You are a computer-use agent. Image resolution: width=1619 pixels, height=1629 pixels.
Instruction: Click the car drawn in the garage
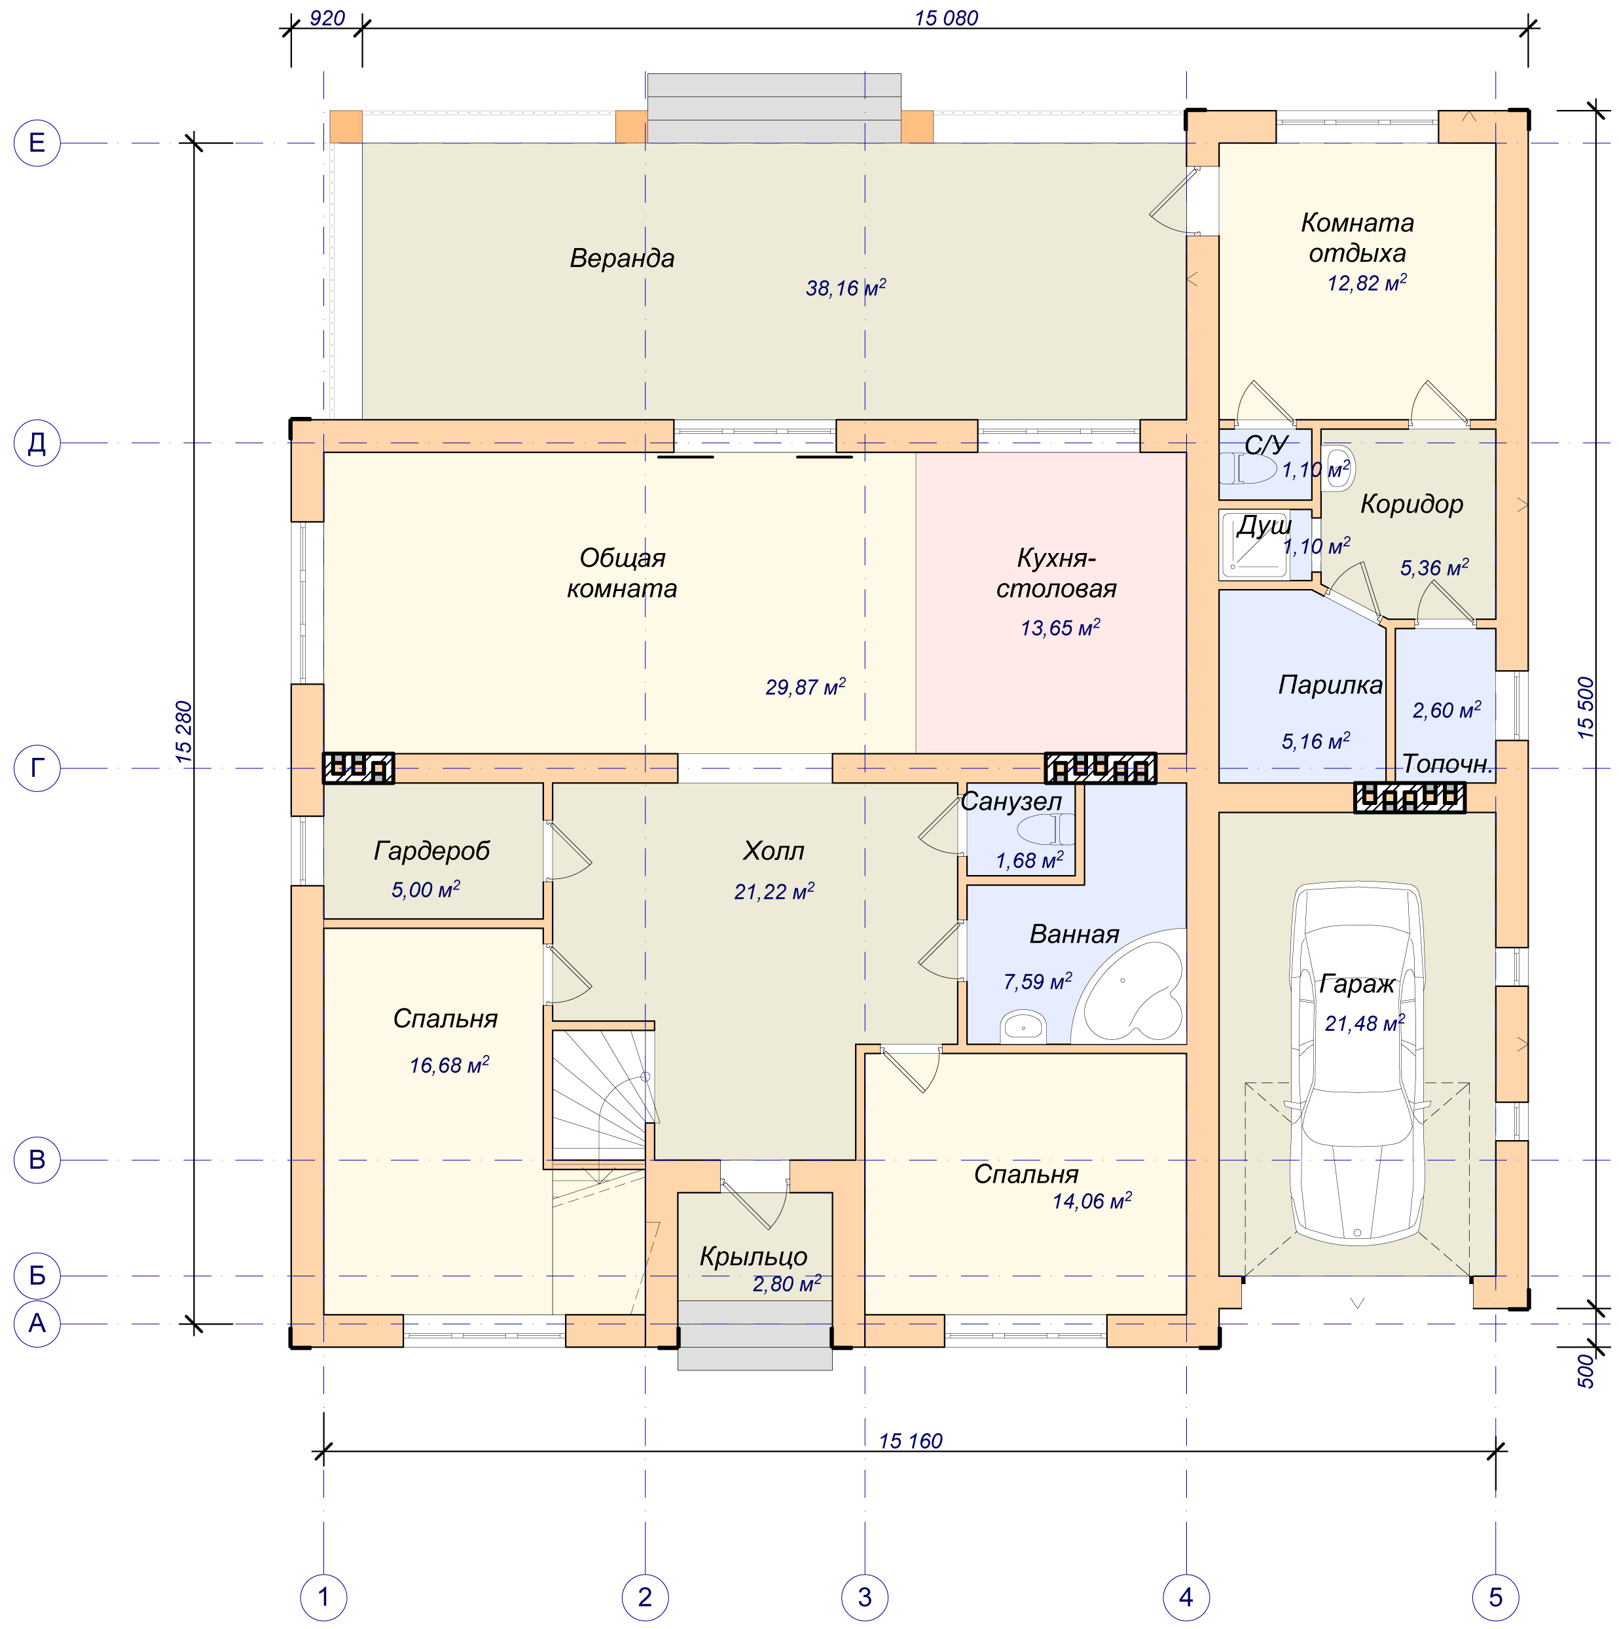point(1358,1064)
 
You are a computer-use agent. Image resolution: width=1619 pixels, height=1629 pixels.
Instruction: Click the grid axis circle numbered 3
point(864,1597)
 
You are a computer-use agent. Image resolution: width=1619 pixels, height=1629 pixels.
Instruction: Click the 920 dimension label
point(327,18)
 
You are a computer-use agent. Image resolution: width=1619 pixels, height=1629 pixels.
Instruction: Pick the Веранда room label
point(623,258)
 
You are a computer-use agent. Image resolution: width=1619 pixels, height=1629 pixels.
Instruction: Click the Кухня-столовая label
point(1057,573)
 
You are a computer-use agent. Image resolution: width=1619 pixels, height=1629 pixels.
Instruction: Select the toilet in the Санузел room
point(1046,830)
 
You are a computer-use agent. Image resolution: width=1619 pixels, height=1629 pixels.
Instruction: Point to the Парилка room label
point(1330,685)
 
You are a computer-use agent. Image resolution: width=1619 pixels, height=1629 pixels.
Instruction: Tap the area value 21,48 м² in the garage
point(1365,1023)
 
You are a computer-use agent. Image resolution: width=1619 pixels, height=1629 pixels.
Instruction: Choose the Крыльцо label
point(754,1257)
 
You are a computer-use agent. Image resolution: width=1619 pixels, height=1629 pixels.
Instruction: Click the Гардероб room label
point(431,851)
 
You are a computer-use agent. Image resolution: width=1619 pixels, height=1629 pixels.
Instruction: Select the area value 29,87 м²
point(805,687)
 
